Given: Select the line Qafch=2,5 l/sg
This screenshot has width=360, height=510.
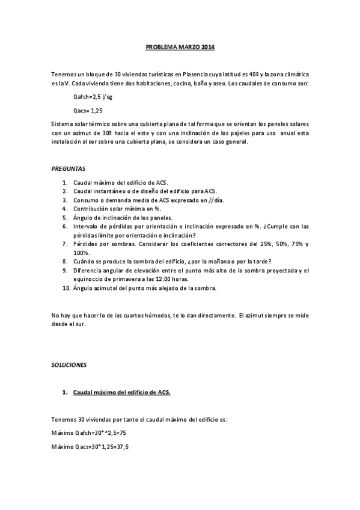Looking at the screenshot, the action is click(x=92, y=97).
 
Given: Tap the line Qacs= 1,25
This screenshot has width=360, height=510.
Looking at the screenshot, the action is click(x=87, y=111).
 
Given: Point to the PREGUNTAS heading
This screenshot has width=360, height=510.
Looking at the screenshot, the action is click(x=68, y=170).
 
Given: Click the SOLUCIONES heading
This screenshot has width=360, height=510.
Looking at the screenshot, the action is click(x=69, y=364).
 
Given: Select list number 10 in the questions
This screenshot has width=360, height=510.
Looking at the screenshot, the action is click(x=66, y=288).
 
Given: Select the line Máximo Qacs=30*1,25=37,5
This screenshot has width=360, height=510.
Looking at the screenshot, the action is click(x=91, y=447).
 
